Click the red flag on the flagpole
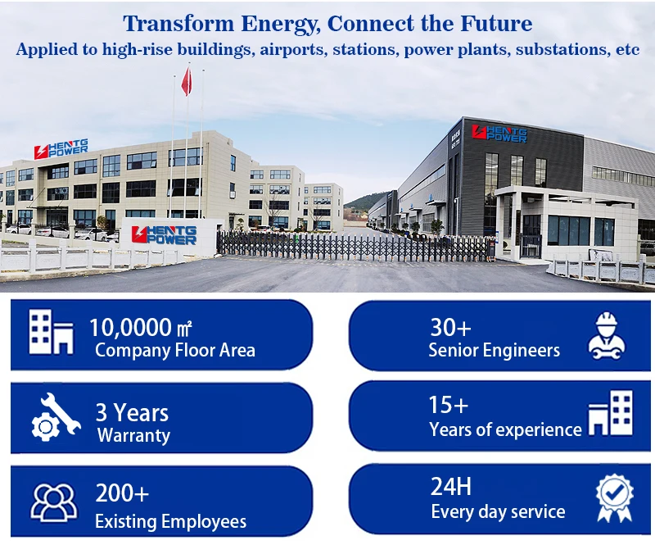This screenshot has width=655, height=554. point(187,81)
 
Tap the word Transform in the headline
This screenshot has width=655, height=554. point(178,24)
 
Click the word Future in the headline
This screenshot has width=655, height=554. point(496,24)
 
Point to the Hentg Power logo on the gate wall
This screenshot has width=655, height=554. point(164,235)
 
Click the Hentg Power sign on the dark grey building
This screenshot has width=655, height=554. point(499,134)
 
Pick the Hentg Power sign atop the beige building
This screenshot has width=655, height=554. point(61,149)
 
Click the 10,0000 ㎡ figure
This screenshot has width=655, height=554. point(140,327)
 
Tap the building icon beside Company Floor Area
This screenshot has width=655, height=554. point(51,332)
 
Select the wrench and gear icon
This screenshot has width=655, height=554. point(56,417)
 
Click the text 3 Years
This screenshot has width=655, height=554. point(132,413)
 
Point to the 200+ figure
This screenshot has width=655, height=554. point(122,493)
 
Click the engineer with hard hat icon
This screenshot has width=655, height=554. point(607,336)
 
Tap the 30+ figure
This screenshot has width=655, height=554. point(451,327)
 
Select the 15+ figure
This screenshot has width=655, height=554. point(449,405)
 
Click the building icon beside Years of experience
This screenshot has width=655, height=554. point(610,413)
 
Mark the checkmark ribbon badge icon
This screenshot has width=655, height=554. point(614,497)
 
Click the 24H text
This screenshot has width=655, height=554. point(451,487)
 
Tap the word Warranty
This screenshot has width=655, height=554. point(133,436)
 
